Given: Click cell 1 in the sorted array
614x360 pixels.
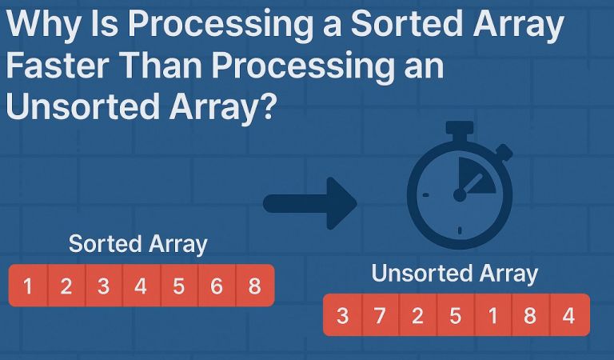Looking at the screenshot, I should pos(28,286).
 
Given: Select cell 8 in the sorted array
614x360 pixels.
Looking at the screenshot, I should pos(254,286).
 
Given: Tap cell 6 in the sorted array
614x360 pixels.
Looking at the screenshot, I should pos(217,286).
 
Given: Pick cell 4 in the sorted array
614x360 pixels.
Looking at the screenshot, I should pos(141,286).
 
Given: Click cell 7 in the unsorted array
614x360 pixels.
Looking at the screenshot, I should pos(380,315).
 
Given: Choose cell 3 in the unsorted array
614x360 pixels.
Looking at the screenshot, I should pos(342,315).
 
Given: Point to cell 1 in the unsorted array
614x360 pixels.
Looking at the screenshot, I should pos(492,315).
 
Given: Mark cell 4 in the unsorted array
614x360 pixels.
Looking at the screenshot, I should pos(568,315).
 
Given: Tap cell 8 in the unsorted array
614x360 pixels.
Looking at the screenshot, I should pos(530,315).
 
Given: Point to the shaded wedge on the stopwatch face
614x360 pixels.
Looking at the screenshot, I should pos(476,177).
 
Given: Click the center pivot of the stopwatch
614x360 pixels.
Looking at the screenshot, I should pos(460,194).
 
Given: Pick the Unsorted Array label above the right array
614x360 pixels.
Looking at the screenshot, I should pos(455,274).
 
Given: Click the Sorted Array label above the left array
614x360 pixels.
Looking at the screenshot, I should pos(138,244).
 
